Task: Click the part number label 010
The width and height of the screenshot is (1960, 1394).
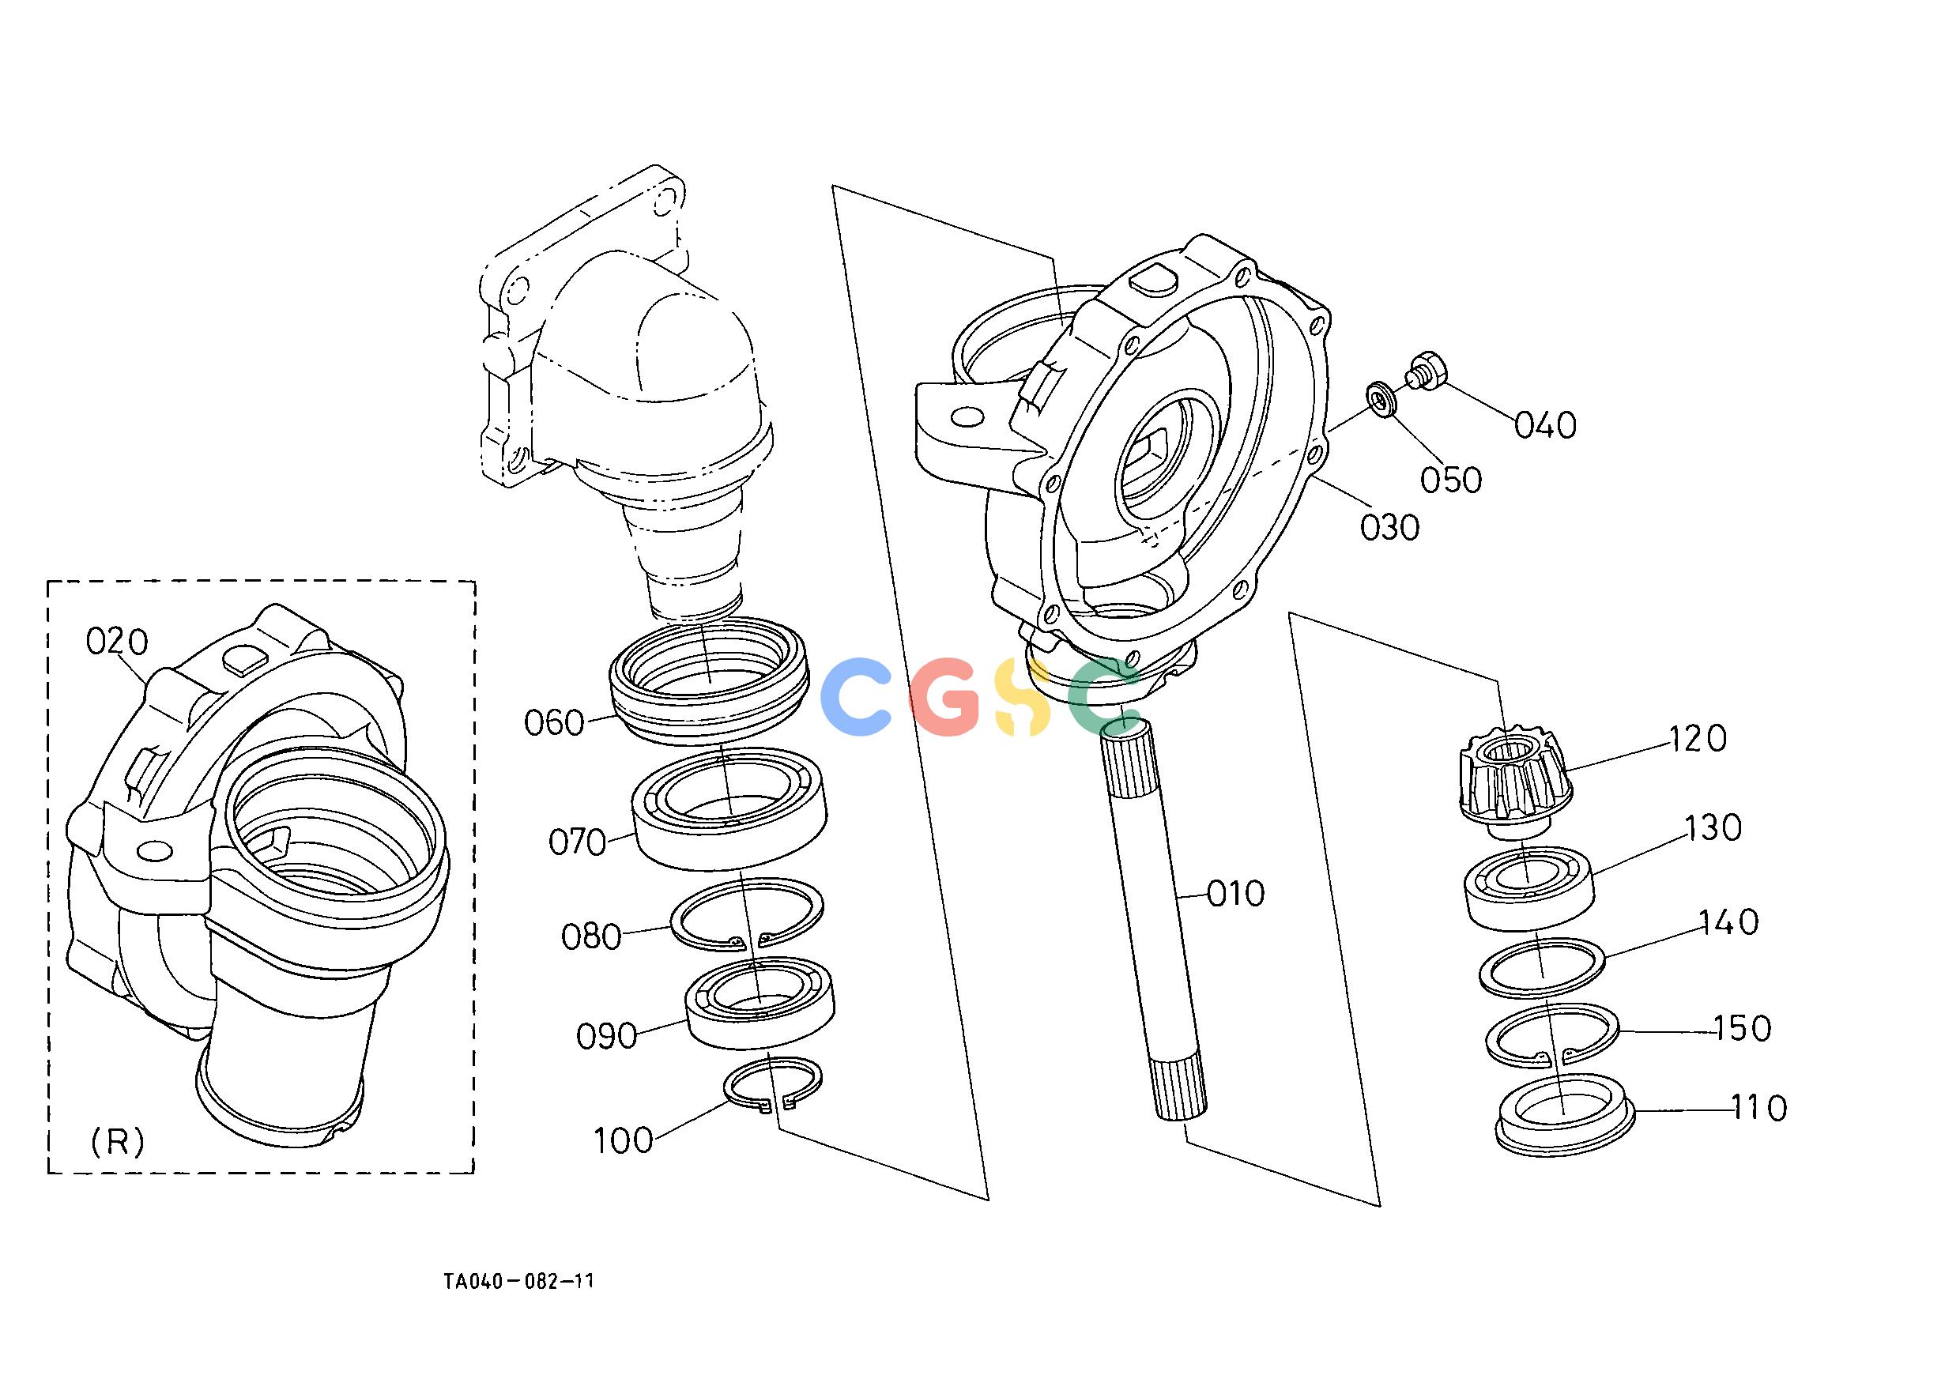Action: click(1235, 895)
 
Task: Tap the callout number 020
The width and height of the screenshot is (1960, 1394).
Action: click(117, 641)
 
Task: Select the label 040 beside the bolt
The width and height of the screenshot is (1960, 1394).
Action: click(1545, 426)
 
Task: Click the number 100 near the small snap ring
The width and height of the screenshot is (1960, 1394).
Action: click(624, 1141)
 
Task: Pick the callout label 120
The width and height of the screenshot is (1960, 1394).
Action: click(1698, 739)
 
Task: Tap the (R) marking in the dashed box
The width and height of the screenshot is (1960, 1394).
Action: click(118, 1143)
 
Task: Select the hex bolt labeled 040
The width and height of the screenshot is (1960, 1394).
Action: click(1425, 372)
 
